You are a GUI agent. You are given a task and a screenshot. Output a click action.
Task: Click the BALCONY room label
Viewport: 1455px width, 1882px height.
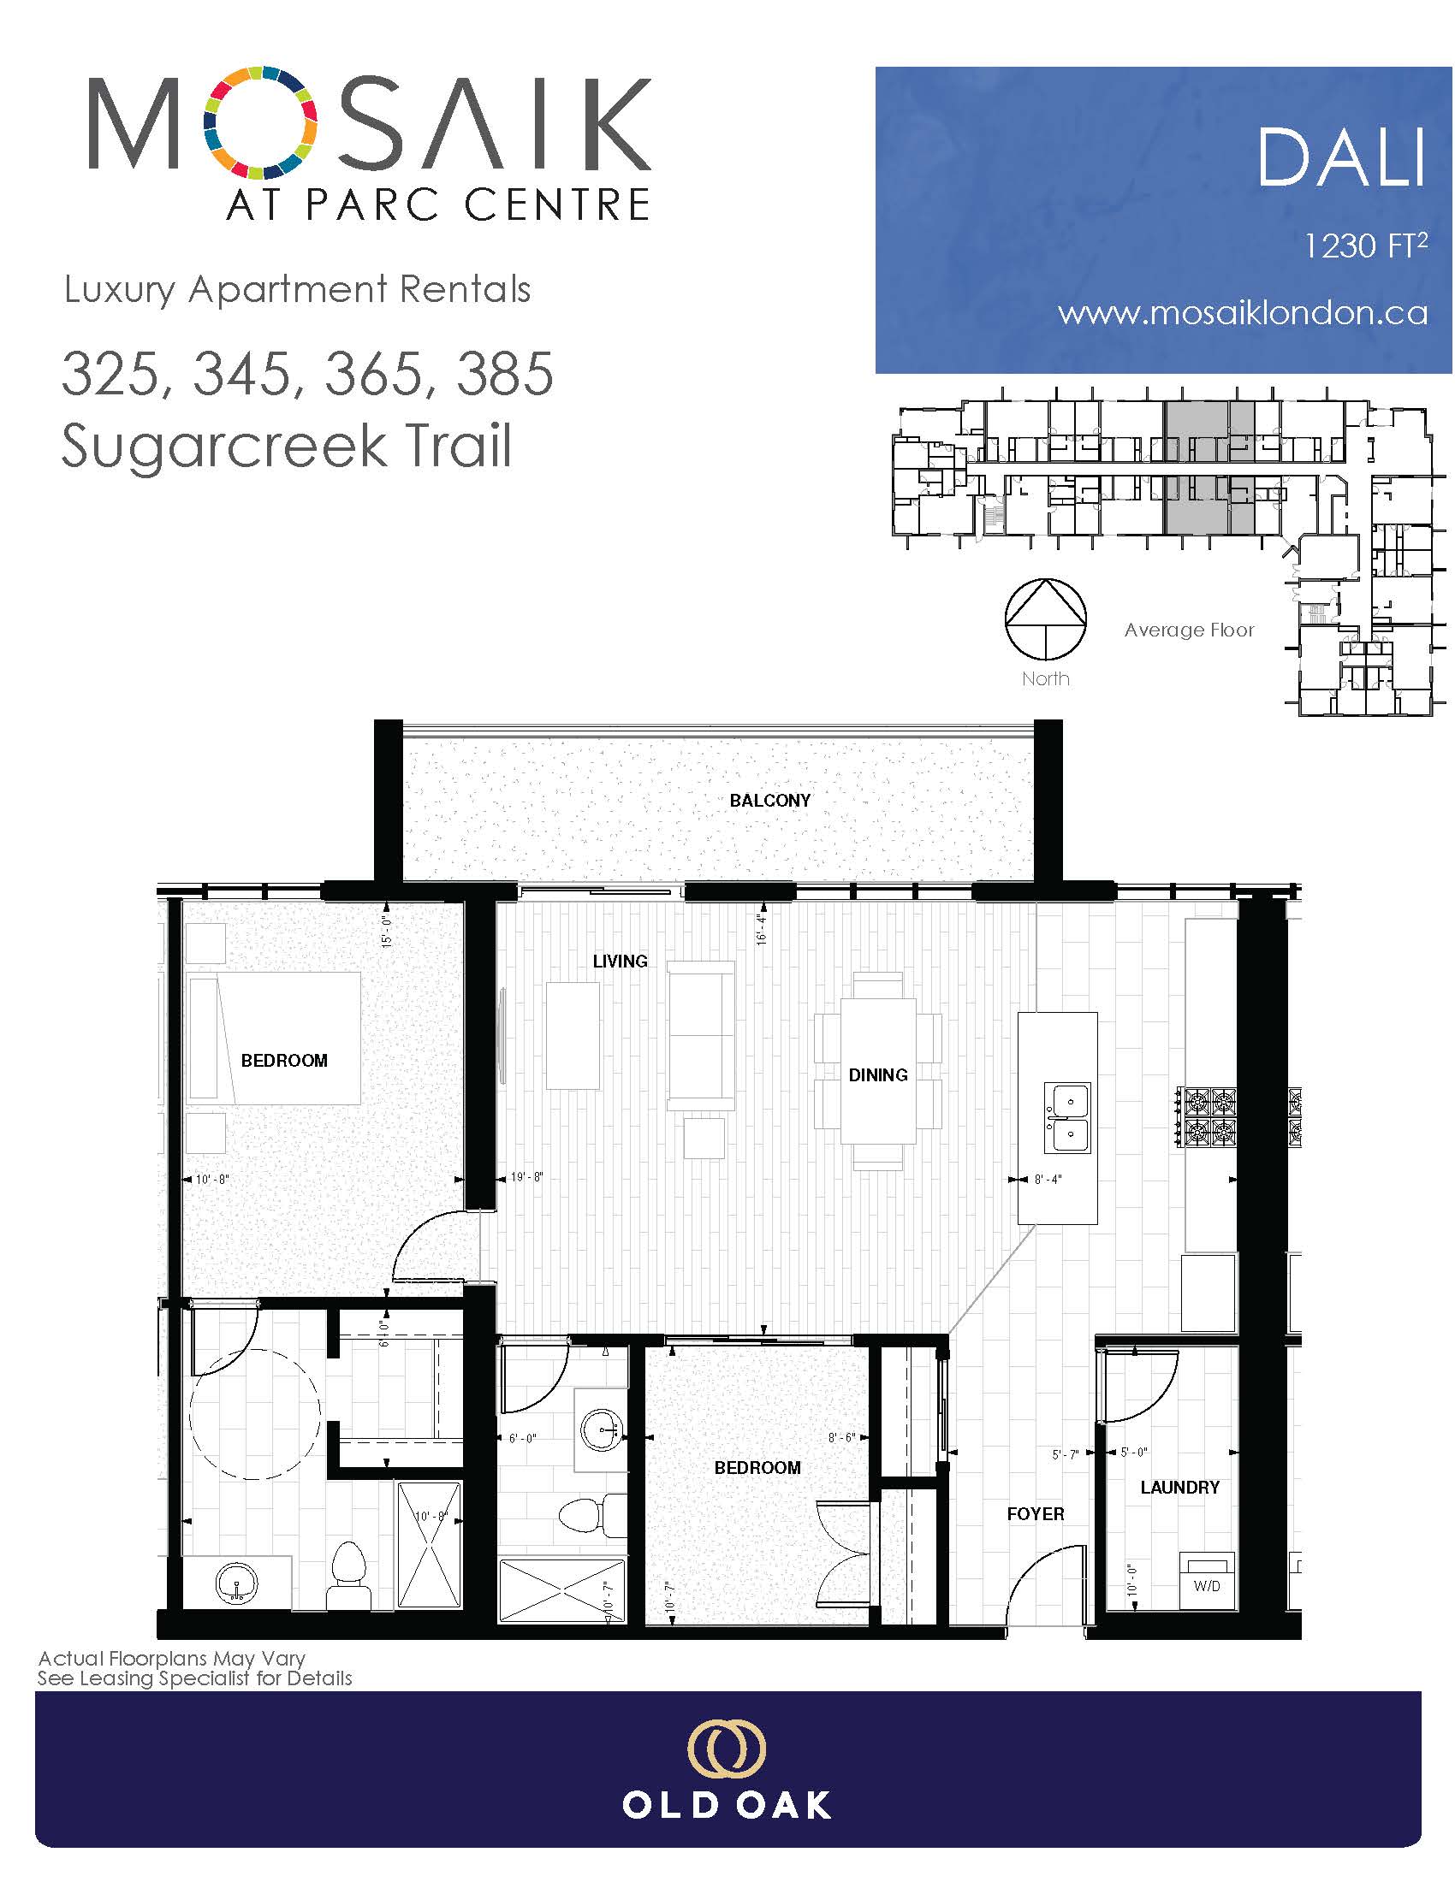point(769,801)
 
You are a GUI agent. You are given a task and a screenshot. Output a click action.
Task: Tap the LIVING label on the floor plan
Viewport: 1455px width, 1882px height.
point(620,961)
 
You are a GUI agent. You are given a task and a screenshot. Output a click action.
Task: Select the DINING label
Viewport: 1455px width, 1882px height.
point(877,1074)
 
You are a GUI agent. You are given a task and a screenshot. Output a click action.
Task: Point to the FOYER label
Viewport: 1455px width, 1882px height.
point(1036,1514)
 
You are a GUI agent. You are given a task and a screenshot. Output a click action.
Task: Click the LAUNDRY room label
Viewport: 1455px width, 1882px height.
point(1179,1488)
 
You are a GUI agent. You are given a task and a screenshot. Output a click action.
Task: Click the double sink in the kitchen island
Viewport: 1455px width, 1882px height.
point(1068,1118)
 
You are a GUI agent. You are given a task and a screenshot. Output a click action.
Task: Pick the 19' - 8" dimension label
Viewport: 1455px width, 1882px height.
point(526,1177)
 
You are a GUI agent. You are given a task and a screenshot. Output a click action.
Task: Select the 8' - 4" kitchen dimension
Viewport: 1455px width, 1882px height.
point(1048,1179)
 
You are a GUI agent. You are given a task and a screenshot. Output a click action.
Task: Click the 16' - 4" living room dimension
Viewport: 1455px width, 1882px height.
point(760,928)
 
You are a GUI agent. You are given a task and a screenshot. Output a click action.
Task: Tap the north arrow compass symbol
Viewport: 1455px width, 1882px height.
point(1045,618)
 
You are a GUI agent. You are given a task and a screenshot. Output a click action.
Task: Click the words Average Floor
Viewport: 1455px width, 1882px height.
point(1189,630)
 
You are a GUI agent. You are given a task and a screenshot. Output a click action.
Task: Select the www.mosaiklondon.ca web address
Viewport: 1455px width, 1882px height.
point(1243,313)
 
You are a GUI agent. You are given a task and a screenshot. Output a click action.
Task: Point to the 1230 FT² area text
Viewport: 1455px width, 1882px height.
point(1365,246)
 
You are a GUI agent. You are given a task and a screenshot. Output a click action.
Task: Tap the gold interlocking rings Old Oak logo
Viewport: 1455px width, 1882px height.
point(726,1751)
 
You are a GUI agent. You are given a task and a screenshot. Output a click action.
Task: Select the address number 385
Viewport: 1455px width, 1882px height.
point(504,375)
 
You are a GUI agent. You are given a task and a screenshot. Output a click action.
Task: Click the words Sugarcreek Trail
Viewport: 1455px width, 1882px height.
point(286,446)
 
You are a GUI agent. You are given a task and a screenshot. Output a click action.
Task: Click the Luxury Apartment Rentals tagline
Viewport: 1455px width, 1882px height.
point(297,290)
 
